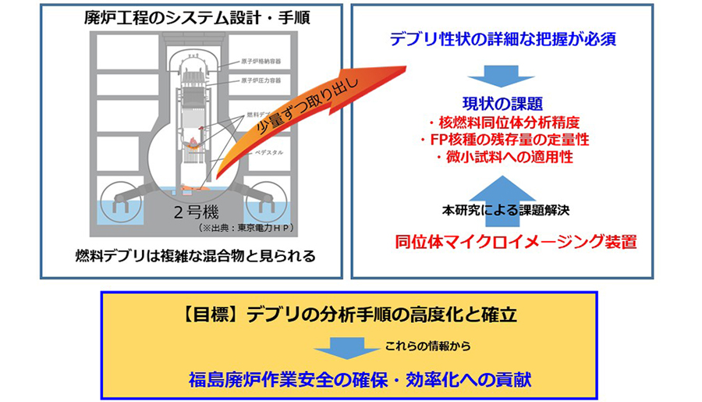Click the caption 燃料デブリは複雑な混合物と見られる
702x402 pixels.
(190, 255)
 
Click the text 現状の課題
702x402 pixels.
(501, 102)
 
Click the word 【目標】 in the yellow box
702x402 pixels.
(212, 315)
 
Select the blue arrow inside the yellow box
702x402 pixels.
(346, 347)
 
